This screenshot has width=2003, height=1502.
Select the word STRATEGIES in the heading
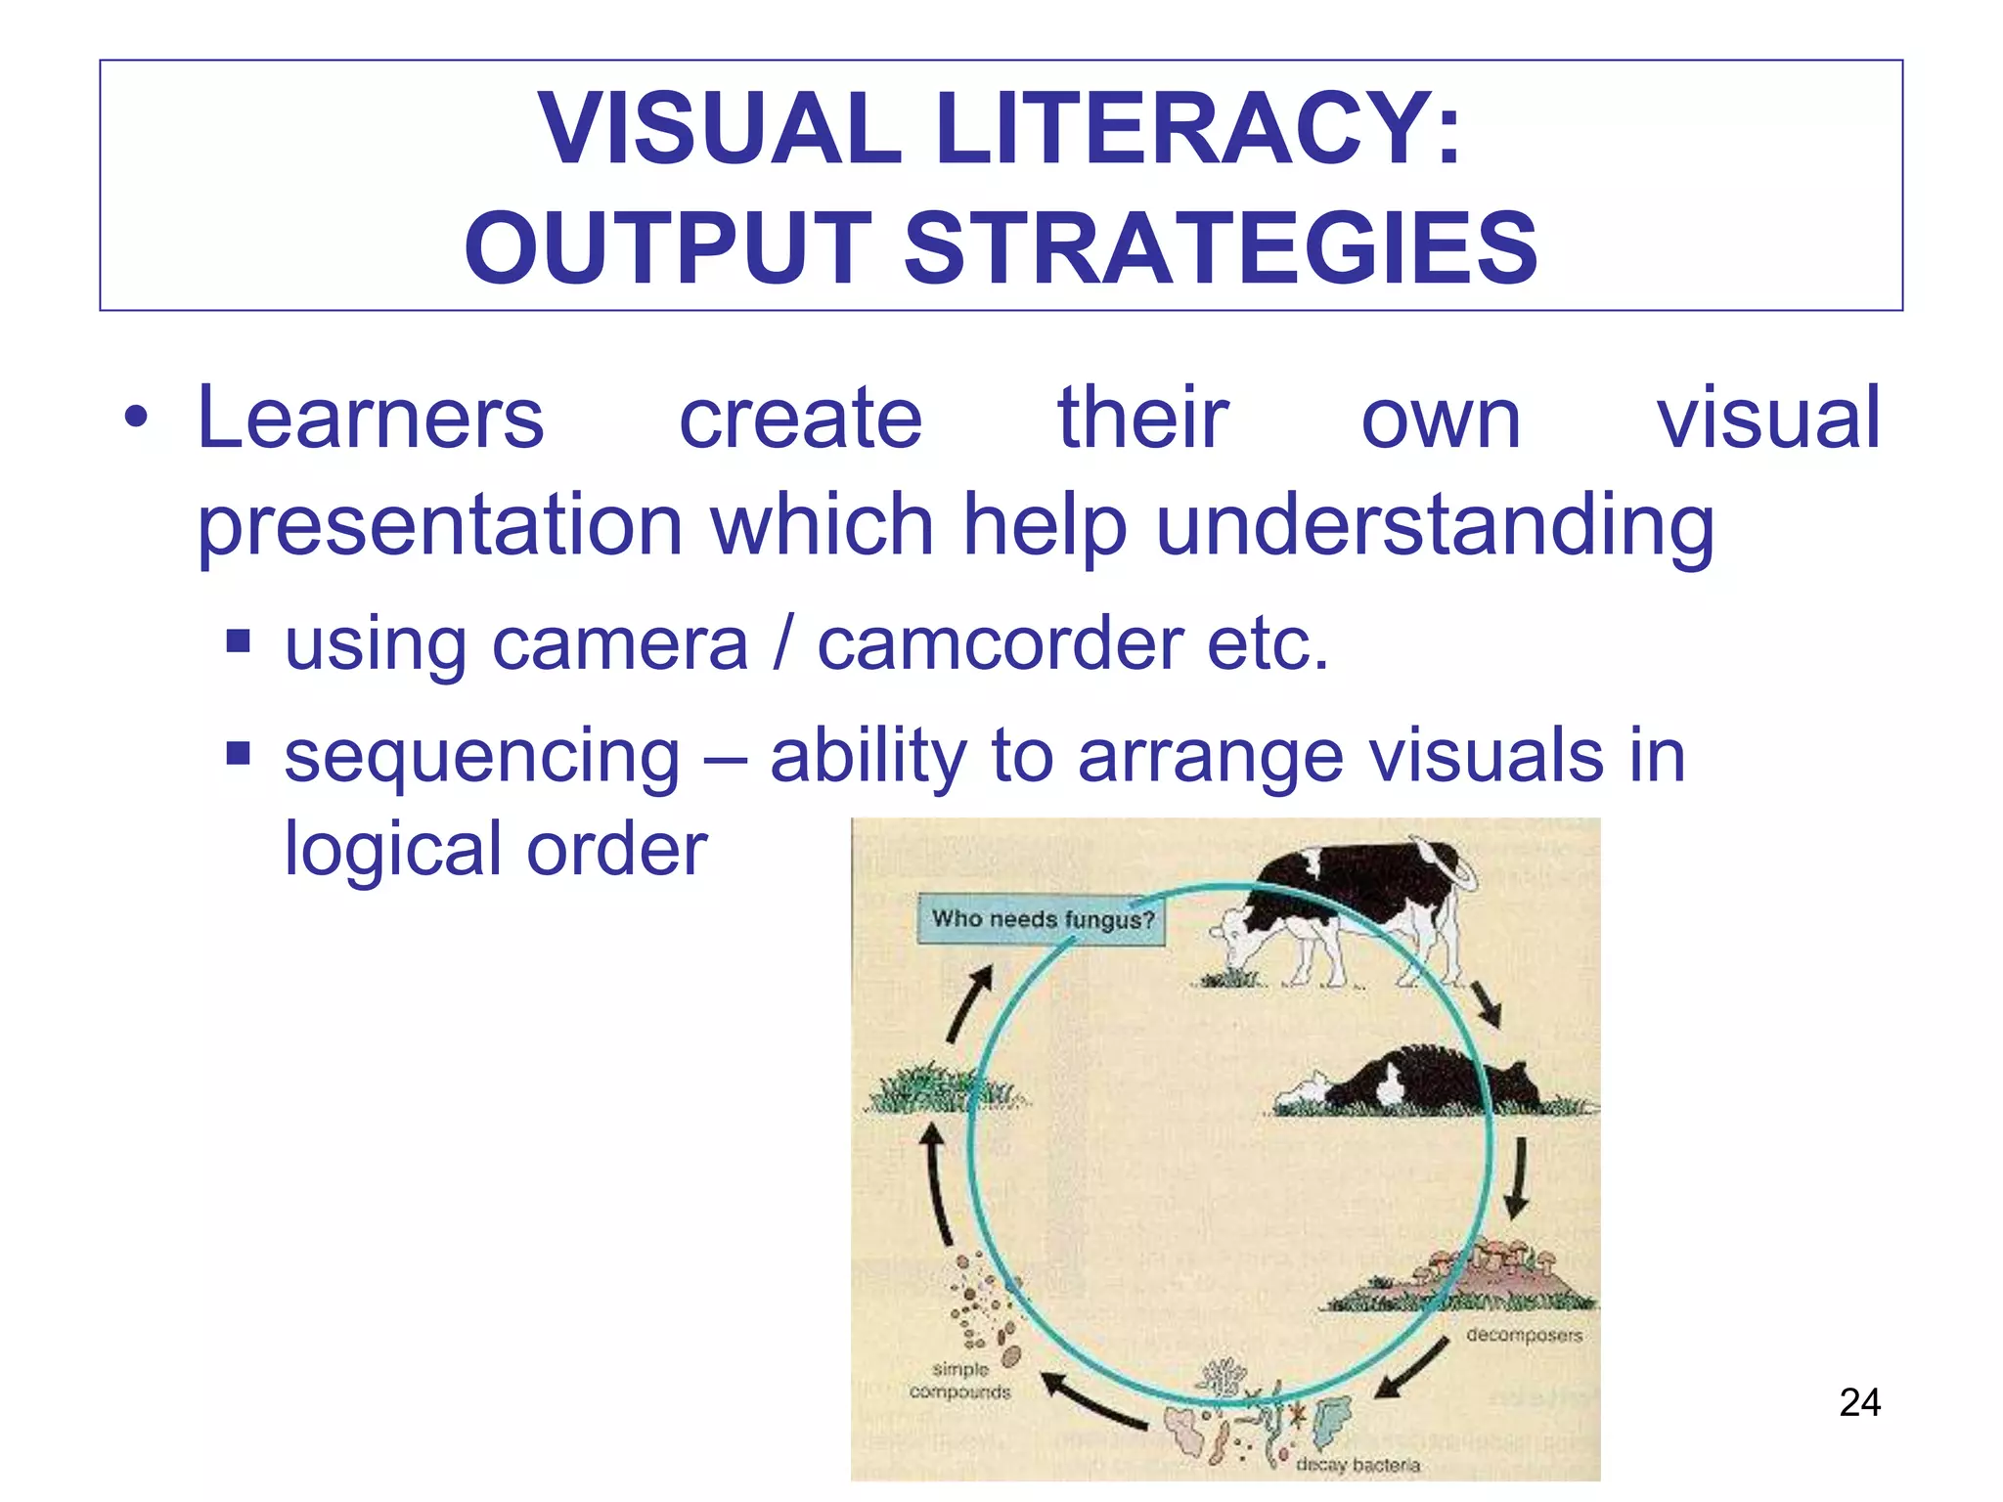point(1220,249)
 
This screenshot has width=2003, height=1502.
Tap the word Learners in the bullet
point(370,419)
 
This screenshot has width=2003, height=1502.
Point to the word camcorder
point(1000,644)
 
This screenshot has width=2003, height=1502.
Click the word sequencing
point(481,757)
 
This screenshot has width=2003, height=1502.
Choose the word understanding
point(1435,527)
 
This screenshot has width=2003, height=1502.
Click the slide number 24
point(1859,1402)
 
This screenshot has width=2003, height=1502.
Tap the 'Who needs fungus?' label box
point(1041,919)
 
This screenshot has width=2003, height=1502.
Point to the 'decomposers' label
point(1524,1335)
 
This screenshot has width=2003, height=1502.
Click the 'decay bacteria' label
point(1357,1465)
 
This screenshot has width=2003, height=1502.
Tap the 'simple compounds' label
point(959,1380)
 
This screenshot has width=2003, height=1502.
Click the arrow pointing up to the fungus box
point(969,1002)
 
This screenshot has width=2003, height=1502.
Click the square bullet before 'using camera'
point(238,642)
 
